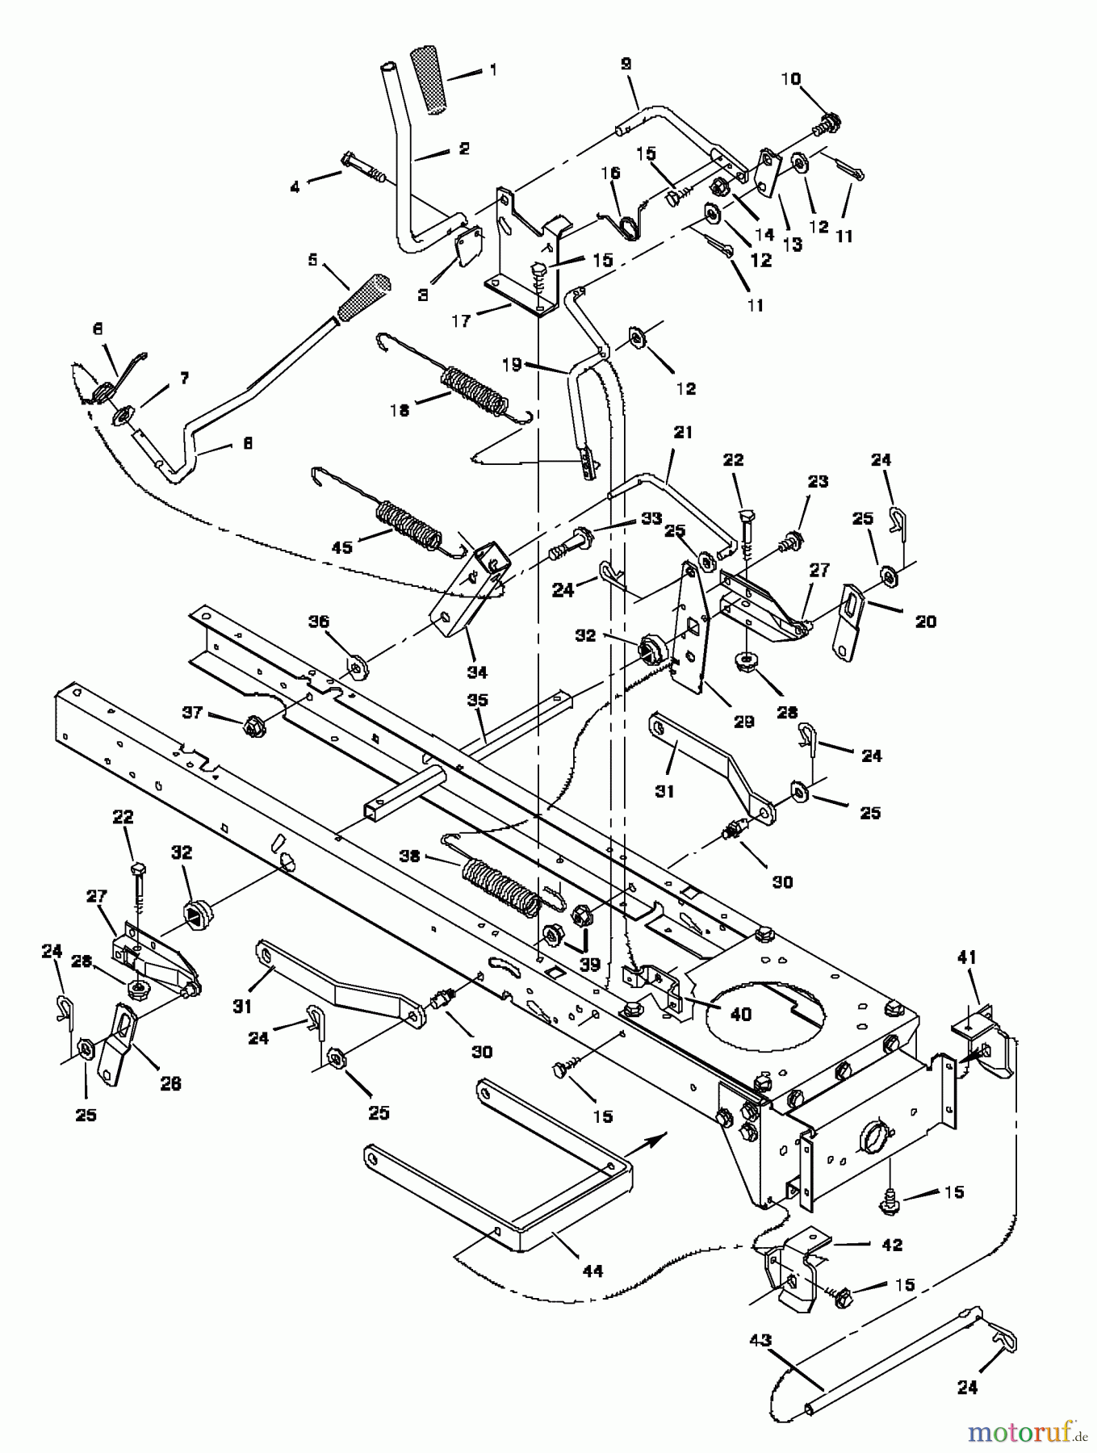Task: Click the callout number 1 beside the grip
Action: click(x=493, y=70)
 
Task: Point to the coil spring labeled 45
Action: click(x=410, y=525)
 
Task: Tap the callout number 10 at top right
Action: click(x=790, y=78)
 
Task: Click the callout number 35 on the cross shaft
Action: click(x=478, y=700)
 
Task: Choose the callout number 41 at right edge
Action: click(x=966, y=957)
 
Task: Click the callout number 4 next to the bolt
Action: click(x=295, y=186)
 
